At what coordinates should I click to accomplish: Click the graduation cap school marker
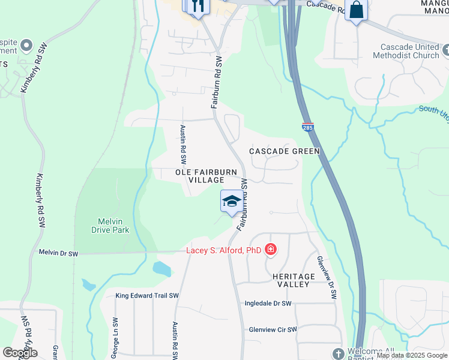[232, 201]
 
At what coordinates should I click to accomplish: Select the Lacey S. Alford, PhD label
[224, 250]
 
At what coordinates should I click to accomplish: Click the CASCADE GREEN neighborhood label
[285, 151]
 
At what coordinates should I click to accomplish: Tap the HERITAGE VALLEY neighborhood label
[294, 280]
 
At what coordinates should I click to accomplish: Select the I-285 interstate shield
[307, 127]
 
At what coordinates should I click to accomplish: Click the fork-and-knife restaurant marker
[198, 6]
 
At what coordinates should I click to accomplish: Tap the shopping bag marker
[356, 10]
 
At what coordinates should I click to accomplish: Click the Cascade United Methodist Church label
[410, 51]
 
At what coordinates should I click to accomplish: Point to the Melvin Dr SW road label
[59, 254]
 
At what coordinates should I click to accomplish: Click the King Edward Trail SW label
[147, 296]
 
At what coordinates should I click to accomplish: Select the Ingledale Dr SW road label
[268, 304]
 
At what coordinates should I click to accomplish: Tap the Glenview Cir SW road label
[273, 329]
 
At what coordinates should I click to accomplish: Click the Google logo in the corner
[20, 353]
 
